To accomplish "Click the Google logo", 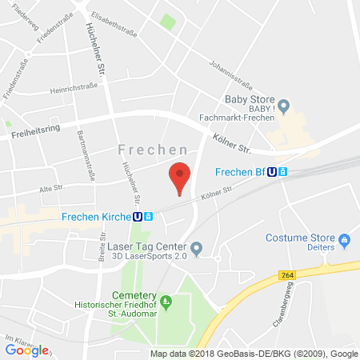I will point(26,350).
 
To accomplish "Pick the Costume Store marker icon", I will point(345,238).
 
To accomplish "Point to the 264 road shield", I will point(286,275).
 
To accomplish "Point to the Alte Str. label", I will point(54,190).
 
